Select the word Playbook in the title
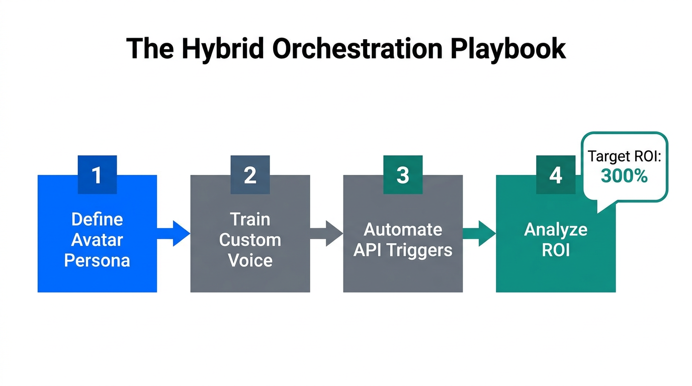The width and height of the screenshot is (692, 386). [x=508, y=49]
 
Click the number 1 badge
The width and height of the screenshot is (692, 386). [x=97, y=175]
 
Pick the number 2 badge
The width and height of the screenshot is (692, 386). [x=250, y=175]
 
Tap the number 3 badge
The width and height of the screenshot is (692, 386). [x=403, y=175]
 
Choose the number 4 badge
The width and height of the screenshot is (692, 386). [x=555, y=175]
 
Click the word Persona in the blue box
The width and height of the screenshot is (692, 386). [x=97, y=260]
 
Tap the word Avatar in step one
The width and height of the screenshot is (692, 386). [x=97, y=240]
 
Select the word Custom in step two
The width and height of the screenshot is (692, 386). [x=250, y=240]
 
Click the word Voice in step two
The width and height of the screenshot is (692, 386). [x=250, y=260]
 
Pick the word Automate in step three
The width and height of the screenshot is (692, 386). [x=403, y=229]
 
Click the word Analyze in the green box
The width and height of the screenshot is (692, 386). [x=555, y=229]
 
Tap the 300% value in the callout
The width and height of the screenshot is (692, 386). [x=624, y=175]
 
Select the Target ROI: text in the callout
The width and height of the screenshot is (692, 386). [x=624, y=156]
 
